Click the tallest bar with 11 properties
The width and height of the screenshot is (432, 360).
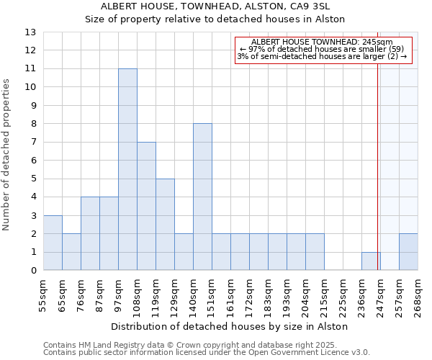tap(127, 169)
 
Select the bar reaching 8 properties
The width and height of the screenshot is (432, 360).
tap(202, 197)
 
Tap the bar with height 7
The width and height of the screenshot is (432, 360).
tap(146, 206)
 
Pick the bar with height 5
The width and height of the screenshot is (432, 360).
tap(165, 224)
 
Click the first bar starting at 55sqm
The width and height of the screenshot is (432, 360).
tap(53, 243)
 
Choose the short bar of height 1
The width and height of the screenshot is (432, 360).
tap(371, 261)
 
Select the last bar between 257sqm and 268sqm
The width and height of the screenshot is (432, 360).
tap(408, 252)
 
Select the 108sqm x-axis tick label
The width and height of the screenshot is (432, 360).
tap(137, 293)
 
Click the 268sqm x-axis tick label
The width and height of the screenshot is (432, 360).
tap(418, 293)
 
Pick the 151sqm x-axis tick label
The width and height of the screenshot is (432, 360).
tap(212, 293)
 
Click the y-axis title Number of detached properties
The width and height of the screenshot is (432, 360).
tap(7, 155)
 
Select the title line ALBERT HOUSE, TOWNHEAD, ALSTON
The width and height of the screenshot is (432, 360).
tap(215, 6)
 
